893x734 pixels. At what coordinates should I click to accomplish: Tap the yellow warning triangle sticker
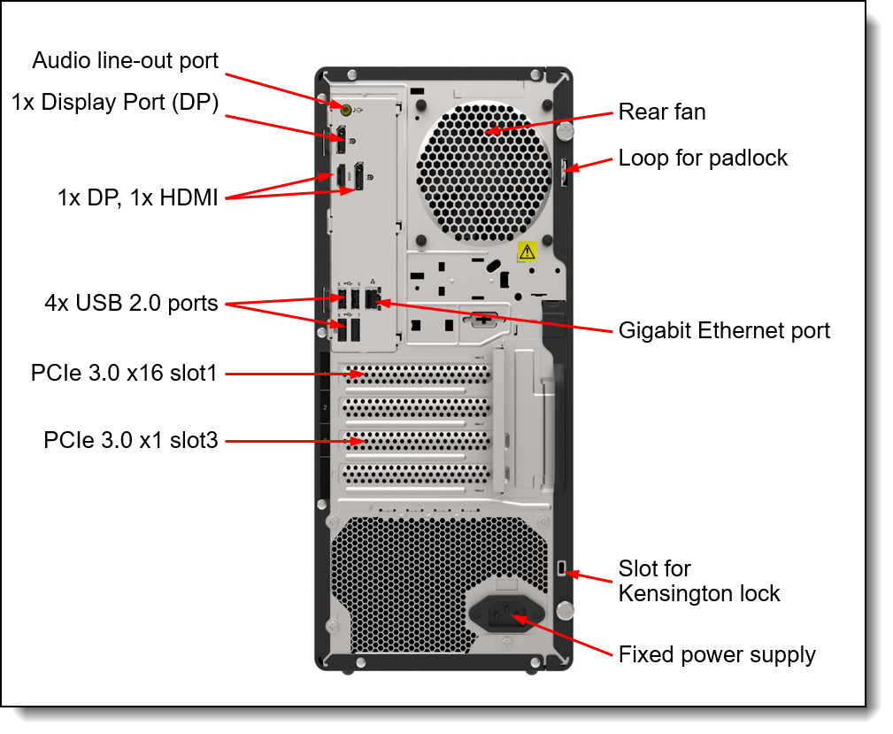point(527,251)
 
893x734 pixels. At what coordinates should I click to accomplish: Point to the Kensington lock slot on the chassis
point(565,568)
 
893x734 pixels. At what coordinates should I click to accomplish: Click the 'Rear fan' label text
point(661,112)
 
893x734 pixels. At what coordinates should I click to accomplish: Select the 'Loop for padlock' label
point(702,158)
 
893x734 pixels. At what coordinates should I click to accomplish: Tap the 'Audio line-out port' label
point(125,61)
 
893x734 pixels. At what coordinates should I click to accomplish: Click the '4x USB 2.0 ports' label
point(131,304)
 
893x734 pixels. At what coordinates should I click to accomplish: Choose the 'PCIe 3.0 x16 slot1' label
point(123,374)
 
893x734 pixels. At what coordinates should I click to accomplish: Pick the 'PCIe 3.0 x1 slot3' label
point(130,440)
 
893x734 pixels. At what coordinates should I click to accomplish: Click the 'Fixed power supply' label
point(716,655)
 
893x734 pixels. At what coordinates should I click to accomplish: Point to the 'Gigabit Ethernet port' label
point(723,331)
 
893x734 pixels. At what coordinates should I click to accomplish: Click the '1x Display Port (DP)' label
point(114,103)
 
